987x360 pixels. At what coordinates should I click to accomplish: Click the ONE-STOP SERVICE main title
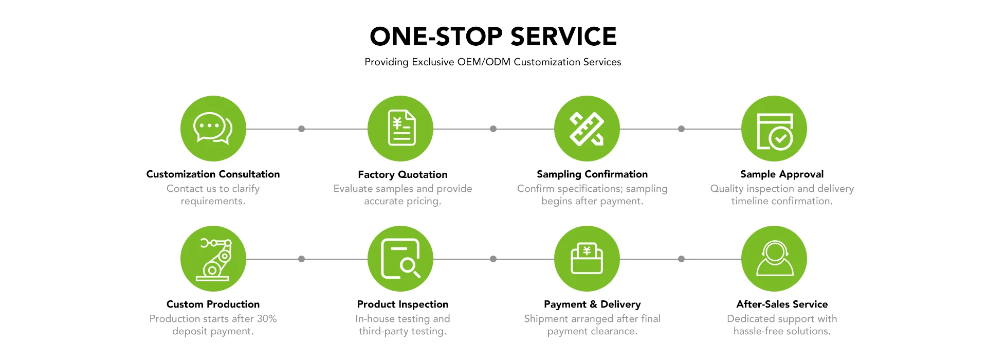tap(493, 37)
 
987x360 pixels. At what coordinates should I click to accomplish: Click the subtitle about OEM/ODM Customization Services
tap(493, 62)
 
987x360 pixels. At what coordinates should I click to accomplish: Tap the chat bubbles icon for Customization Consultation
tap(213, 129)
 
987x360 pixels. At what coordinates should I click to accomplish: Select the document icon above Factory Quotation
tap(400, 129)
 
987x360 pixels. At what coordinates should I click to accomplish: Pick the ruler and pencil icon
tap(587, 129)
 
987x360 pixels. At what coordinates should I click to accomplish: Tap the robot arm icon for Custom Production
tap(213, 259)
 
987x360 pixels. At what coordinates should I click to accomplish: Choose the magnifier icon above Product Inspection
tap(400, 259)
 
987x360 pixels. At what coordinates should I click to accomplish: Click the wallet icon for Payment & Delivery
tap(587, 259)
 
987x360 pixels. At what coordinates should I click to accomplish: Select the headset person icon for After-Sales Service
tap(774, 259)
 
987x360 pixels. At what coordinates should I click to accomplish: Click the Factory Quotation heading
tap(403, 174)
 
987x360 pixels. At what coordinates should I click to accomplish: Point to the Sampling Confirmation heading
tap(592, 174)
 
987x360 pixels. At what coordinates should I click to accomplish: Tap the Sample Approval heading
tap(782, 174)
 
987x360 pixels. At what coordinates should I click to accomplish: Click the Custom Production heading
tap(213, 304)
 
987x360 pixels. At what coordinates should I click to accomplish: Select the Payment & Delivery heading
tap(592, 304)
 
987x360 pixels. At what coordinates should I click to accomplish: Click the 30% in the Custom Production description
tap(266, 319)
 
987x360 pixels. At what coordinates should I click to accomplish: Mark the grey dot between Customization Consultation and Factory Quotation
tap(302, 129)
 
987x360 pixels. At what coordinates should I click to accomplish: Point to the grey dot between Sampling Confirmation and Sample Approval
tap(681, 129)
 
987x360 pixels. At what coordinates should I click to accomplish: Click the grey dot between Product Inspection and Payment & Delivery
tap(493, 259)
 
